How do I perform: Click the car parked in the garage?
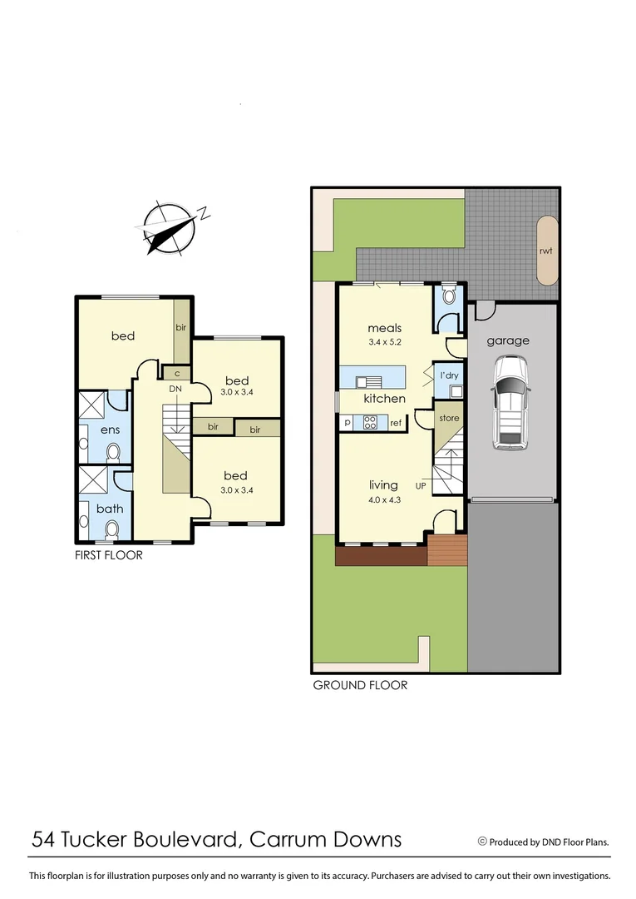click(509, 403)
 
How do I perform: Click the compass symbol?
click(170, 226)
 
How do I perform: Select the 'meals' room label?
click(385, 328)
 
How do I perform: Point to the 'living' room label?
click(383, 484)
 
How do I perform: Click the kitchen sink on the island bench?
click(368, 382)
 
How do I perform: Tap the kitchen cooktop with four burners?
click(370, 423)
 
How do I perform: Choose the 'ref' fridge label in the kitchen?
click(396, 424)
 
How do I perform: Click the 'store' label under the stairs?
click(449, 418)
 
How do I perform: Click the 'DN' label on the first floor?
click(175, 389)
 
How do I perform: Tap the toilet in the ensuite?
click(113, 452)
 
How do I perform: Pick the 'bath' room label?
click(110, 507)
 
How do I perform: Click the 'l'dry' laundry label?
click(449, 375)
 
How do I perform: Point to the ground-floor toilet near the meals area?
click(450, 295)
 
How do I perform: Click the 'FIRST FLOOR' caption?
click(109, 555)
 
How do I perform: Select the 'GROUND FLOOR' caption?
click(360, 686)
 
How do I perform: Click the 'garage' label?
click(507, 340)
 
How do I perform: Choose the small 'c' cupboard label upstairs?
click(177, 373)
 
